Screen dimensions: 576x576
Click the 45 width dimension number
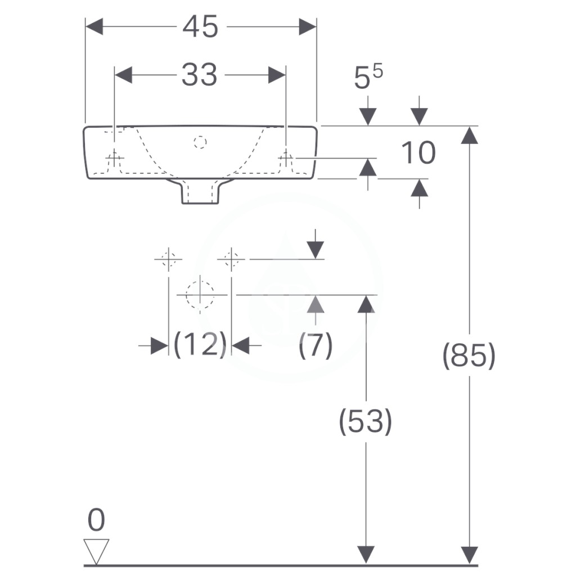[200, 27]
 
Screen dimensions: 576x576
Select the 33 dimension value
[200, 75]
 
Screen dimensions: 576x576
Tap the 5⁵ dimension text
[368, 76]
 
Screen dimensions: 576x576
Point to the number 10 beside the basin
[418, 152]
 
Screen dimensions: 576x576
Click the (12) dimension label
[200, 344]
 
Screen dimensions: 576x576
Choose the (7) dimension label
[316, 345]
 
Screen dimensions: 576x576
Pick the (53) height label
[366, 421]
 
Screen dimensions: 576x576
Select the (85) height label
[469, 355]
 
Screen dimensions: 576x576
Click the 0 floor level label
[96, 520]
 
